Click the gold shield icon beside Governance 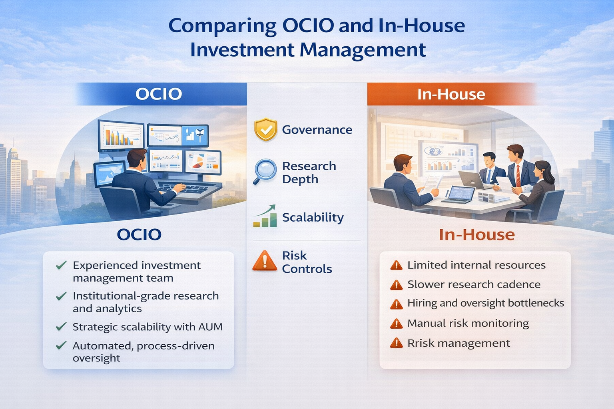265,129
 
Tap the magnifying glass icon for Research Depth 265,171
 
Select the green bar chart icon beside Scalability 265,217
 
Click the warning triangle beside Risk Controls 265,261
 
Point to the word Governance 317,130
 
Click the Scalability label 313,217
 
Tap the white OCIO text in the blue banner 159,94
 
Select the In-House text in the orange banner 451,94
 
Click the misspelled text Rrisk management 459,343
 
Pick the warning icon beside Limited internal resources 396,265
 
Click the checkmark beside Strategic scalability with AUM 61,327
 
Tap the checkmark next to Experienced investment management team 61,266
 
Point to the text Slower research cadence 474,284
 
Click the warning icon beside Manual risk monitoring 396,324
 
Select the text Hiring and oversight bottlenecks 485,303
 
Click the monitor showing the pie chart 203,161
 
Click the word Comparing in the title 222,26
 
